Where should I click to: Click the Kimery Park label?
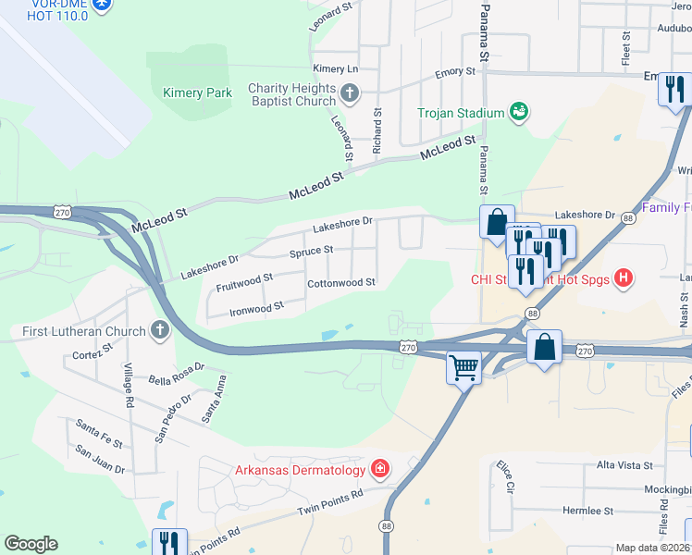[x=196, y=92]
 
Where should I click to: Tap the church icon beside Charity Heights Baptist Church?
[x=350, y=92]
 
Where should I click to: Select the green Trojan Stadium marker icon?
[x=519, y=113]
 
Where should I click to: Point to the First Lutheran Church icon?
[x=160, y=330]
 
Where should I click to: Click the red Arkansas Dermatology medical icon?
[x=379, y=470]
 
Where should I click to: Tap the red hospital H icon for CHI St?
[x=624, y=277]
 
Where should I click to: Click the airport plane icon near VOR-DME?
[x=102, y=5]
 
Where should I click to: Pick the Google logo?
[x=31, y=544]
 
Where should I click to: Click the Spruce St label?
[x=311, y=252]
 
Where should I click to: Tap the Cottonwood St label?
[x=340, y=283]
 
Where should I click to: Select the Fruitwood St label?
[x=244, y=277]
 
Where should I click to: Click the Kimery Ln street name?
[x=335, y=69]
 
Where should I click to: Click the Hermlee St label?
[x=588, y=511]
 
